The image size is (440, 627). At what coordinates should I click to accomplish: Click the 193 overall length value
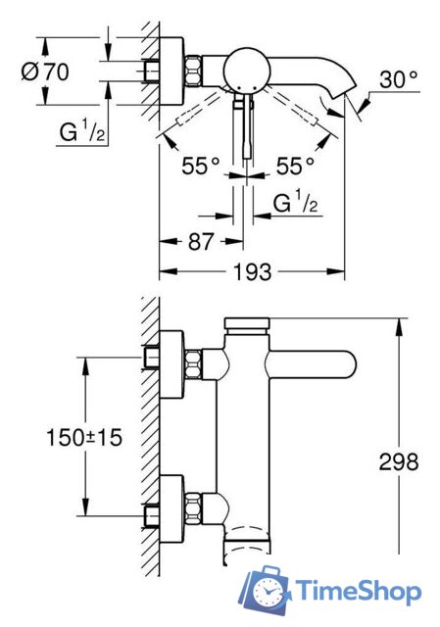tap(253, 272)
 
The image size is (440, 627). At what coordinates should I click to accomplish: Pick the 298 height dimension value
tap(398, 460)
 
